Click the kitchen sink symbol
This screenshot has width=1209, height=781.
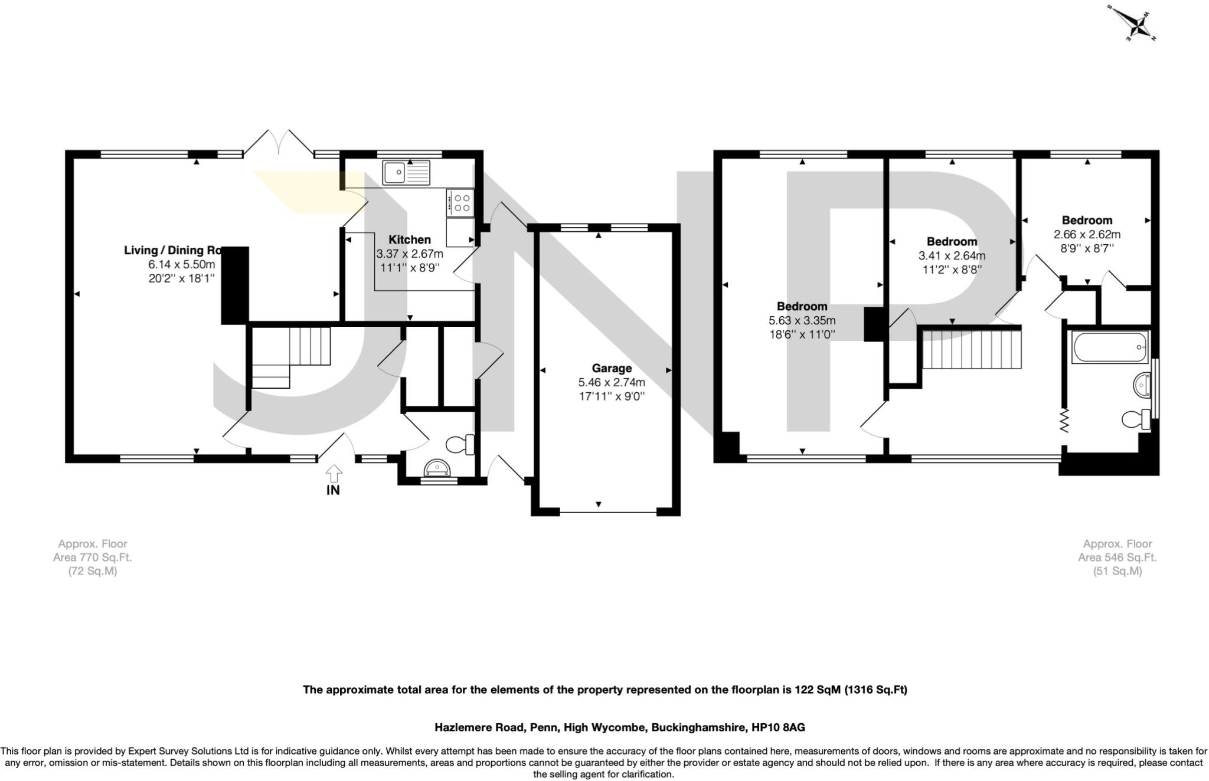(x=406, y=173)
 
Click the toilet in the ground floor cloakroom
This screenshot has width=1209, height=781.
(x=461, y=444)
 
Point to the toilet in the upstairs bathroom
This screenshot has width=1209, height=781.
(x=1135, y=419)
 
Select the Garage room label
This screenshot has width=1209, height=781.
(x=612, y=368)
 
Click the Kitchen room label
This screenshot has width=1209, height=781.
(x=409, y=239)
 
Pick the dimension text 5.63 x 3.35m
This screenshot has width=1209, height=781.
(x=802, y=321)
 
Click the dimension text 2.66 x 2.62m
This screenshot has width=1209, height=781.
(x=1087, y=234)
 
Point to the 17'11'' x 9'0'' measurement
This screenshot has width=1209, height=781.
(x=612, y=396)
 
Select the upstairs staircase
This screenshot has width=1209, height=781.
(x=972, y=349)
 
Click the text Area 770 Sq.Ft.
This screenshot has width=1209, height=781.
(x=93, y=557)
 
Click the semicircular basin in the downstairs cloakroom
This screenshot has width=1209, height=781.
(x=437, y=468)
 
